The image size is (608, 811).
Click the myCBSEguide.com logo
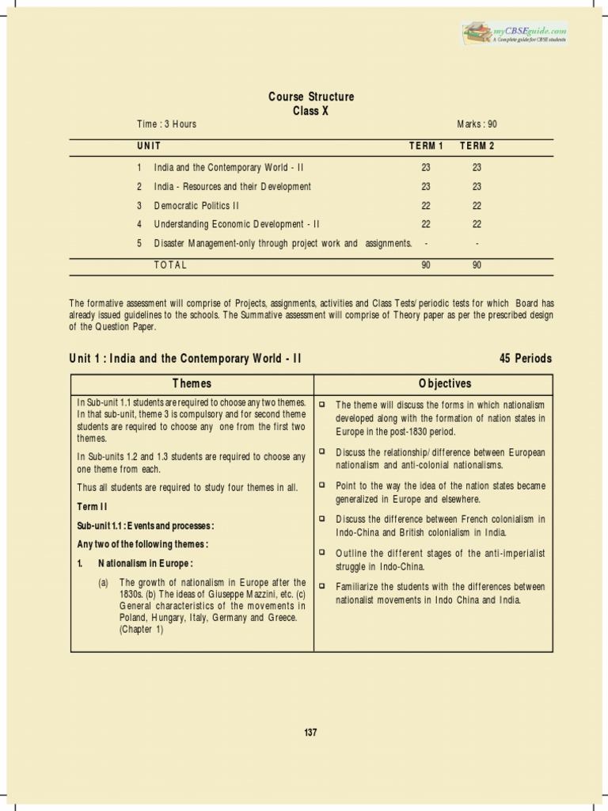tap(515, 33)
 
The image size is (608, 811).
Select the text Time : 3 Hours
tap(166, 124)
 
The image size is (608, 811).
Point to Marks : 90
tap(477, 124)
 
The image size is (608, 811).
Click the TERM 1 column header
tap(426, 146)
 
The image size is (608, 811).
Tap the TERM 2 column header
tap(477, 146)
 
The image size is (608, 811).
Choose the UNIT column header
tap(149, 146)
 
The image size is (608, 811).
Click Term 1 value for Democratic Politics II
tap(426, 205)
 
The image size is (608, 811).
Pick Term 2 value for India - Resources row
tap(477, 187)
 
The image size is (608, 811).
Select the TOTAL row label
tap(170, 265)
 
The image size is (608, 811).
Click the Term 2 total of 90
tap(477, 265)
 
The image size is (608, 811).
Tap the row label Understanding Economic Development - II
tap(237, 224)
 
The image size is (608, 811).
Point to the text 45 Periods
tap(526, 359)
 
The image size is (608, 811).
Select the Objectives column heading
tap(444, 383)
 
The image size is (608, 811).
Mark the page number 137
tap(310, 733)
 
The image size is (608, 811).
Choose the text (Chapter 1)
tap(141, 630)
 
